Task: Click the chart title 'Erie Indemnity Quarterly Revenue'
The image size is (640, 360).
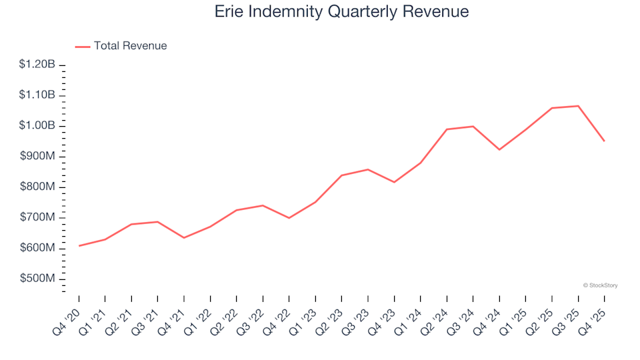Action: pyautogui.click(x=341, y=12)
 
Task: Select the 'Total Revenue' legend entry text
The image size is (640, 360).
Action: pyautogui.click(x=130, y=46)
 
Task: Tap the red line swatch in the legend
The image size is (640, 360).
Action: pyautogui.click(x=83, y=47)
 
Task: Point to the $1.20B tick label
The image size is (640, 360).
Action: pyautogui.click(x=37, y=65)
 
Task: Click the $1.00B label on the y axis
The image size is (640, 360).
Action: pyautogui.click(x=37, y=126)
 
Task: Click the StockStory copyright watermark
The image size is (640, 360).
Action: pyautogui.click(x=600, y=285)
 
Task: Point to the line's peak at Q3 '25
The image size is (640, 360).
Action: pyautogui.click(x=578, y=106)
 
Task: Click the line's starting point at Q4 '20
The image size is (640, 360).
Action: pyautogui.click(x=79, y=246)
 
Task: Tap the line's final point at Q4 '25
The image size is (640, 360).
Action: pyautogui.click(x=605, y=141)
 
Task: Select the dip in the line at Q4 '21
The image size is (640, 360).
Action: pyautogui.click(x=184, y=238)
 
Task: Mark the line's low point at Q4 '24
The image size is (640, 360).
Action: pyautogui.click(x=499, y=150)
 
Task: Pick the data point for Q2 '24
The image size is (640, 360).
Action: pyautogui.click(x=447, y=129)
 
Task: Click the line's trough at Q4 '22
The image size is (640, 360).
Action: pyautogui.click(x=289, y=218)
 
